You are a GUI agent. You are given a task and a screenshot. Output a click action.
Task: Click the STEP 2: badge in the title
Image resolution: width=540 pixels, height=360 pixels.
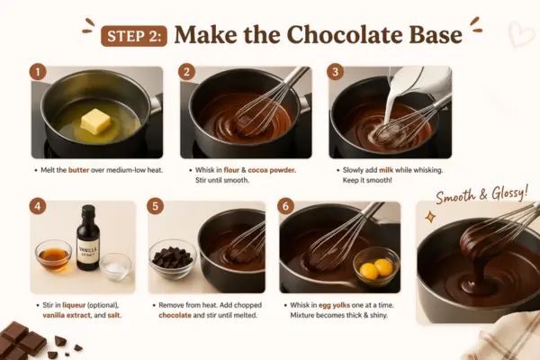133,36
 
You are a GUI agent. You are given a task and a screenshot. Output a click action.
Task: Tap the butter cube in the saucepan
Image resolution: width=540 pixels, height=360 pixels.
95,122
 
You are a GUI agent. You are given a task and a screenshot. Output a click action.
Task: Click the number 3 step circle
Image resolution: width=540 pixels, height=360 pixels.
335,72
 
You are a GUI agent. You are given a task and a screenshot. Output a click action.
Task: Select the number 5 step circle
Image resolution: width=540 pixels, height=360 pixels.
155,206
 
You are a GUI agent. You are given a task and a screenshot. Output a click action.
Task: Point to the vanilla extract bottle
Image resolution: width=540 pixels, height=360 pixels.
88,238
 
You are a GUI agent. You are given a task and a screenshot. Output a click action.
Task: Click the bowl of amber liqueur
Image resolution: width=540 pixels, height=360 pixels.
54,256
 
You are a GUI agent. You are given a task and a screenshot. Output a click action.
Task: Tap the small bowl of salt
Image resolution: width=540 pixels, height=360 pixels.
115,266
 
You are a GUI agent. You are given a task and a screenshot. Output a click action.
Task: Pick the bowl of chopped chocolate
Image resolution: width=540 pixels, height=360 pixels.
173,258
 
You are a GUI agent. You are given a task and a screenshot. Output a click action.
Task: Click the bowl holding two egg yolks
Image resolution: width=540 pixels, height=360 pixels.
376,266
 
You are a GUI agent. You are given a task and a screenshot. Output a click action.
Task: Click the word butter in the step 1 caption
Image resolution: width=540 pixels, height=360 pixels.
78,170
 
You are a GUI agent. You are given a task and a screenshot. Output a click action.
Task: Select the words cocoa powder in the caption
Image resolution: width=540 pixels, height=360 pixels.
272,170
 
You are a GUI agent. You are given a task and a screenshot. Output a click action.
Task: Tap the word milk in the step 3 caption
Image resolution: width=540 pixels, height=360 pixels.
386,170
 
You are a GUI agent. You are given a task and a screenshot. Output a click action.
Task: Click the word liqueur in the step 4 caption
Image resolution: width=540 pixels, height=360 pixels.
74,305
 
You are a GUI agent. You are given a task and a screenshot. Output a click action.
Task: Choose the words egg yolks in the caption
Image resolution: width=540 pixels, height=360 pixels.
334,306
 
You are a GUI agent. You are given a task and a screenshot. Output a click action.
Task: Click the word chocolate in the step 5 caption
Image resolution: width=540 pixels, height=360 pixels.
175,315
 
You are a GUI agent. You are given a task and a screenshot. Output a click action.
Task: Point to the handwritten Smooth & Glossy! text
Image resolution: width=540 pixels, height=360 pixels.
481,194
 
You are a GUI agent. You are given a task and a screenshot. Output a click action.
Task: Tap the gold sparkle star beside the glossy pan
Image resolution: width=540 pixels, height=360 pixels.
430,217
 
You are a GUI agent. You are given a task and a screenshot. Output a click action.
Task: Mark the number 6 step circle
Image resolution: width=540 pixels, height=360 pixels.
285,206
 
